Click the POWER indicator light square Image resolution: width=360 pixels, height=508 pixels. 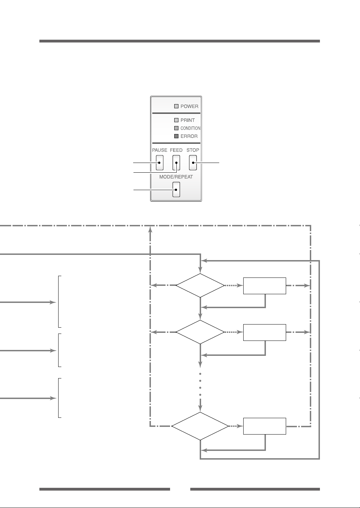[176, 106]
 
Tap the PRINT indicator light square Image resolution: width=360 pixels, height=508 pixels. [176, 120]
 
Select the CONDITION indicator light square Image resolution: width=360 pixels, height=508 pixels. [176, 128]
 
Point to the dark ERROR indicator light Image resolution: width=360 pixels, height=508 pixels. [176, 136]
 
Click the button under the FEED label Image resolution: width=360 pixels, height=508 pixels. [176, 163]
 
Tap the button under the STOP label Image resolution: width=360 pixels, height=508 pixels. [193, 163]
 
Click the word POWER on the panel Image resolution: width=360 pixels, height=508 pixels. [189, 106]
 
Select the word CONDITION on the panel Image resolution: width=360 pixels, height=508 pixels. [190, 128]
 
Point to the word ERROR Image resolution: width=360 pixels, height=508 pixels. [189, 136]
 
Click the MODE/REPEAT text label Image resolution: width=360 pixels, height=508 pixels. [176, 177]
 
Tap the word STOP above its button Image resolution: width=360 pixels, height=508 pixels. [193, 150]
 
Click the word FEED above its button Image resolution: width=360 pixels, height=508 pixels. [176, 150]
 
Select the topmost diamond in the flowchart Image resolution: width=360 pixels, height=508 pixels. [200, 286]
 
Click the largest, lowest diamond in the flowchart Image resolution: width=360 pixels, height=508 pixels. [200, 426]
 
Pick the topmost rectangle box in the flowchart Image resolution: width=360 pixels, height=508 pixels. [265, 286]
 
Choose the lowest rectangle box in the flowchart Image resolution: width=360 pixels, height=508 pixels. [265, 426]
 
